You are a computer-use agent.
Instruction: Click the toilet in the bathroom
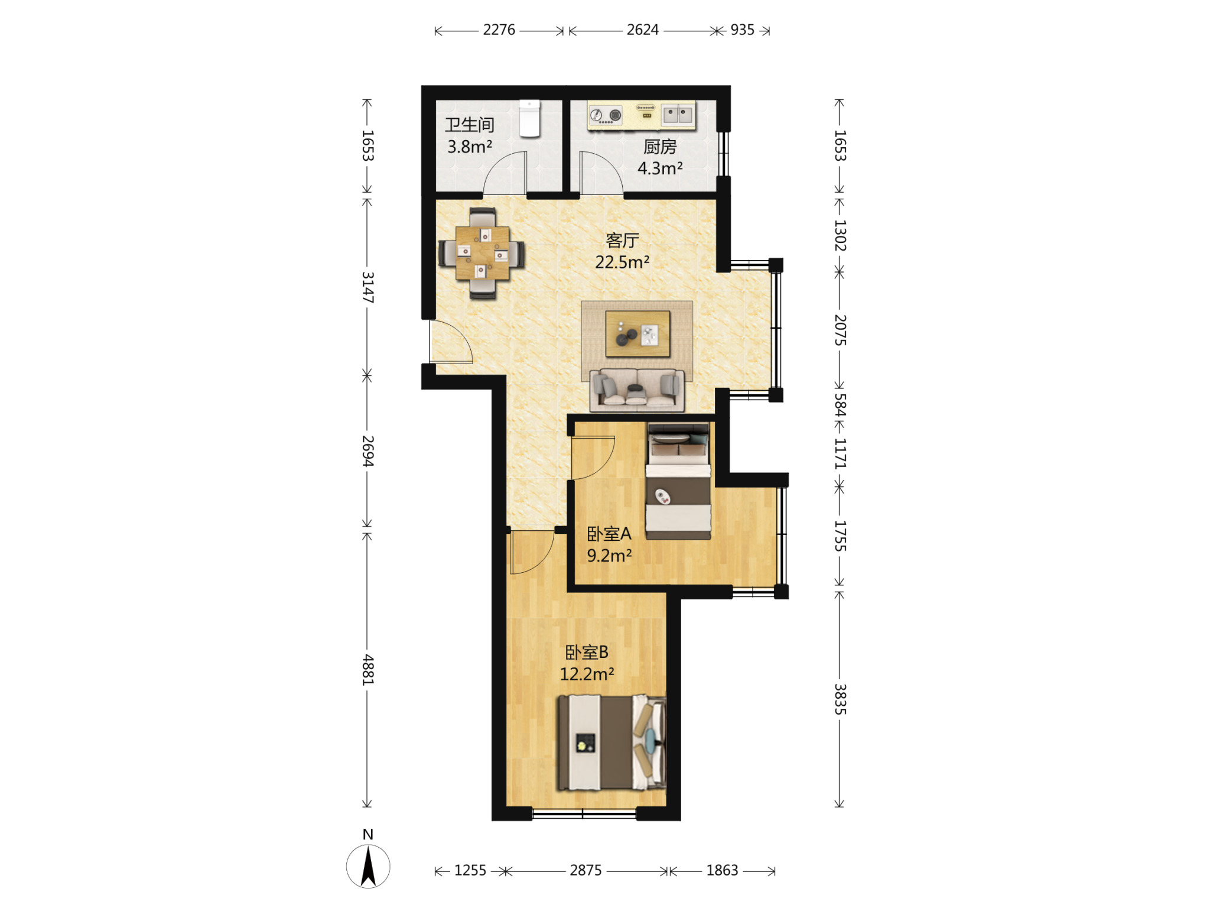529,118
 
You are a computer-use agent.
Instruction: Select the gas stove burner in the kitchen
606,114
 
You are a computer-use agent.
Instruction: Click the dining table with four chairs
482,253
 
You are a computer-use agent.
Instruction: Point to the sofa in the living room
637,390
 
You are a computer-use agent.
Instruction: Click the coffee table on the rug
637,334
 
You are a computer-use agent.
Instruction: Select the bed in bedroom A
678,481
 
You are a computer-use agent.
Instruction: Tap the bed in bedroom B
612,742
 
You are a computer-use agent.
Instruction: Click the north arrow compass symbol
368,866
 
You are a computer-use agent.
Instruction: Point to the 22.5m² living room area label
622,262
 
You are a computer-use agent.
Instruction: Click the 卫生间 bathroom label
469,125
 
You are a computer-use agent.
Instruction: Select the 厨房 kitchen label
660,146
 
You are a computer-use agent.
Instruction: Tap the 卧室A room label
609,534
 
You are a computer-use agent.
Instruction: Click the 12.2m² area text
587,674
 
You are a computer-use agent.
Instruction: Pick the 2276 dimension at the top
499,30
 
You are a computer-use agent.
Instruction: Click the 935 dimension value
742,30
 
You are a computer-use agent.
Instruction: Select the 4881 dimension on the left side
367,670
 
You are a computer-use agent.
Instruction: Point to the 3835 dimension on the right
840,699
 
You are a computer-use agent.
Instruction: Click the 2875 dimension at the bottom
586,870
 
